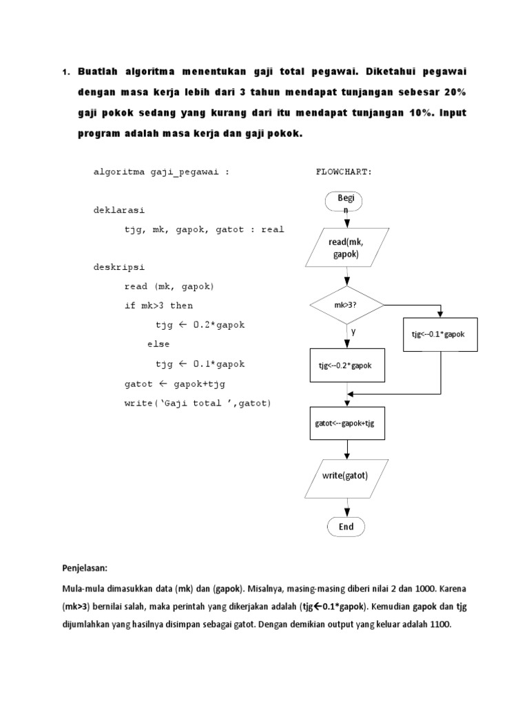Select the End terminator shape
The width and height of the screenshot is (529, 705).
click(346, 527)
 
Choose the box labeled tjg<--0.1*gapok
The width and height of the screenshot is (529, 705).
click(440, 335)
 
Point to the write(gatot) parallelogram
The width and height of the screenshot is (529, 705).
click(345, 476)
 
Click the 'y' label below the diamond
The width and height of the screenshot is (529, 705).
click(353, 332)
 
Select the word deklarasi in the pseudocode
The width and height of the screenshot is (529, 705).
click(118, 210)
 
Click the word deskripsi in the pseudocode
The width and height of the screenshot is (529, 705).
click(118, 267)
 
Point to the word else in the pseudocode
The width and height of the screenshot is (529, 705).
click(158, 344)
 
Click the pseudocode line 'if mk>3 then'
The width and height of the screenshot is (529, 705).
click(159, 306)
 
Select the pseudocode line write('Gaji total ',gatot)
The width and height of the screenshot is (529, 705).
click(198, 403)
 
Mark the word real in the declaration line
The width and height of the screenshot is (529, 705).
click(272, 229)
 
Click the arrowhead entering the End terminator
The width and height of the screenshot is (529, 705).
click(346, 513)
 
